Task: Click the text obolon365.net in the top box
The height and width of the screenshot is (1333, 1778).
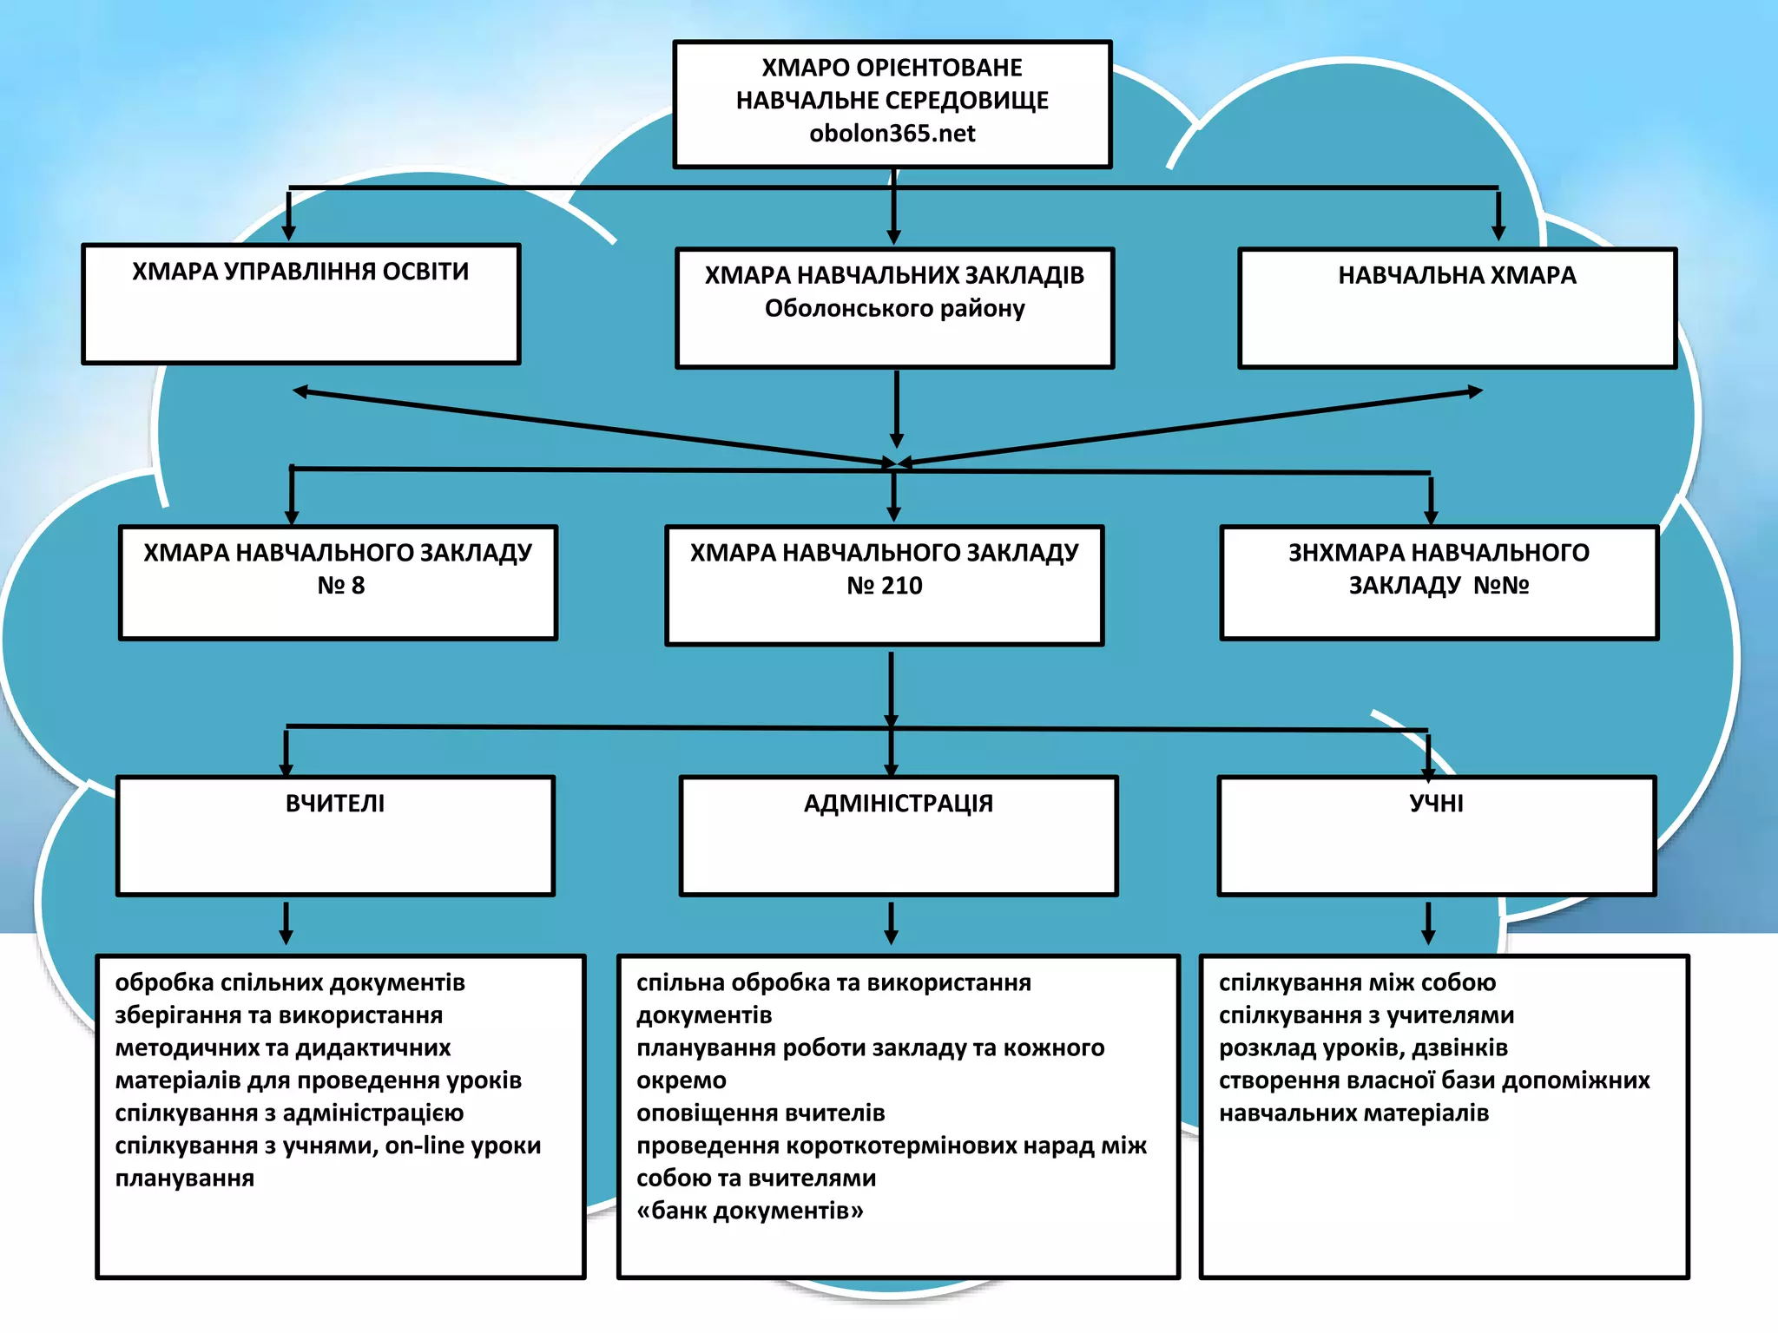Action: coord(892,134)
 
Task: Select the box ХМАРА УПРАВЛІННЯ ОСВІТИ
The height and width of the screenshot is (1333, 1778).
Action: coord(301,304)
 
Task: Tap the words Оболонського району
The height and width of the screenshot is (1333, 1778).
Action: coord(894,309)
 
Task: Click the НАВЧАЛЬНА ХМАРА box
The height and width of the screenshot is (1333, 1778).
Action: coord(1457,307)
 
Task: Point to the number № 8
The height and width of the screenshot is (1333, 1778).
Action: coord(340,586)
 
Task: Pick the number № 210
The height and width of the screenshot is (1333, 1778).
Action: coord(884,586)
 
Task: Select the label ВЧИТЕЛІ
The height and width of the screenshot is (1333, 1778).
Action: coord(335,804)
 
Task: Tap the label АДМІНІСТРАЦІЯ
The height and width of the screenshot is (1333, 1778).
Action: coord(898,804)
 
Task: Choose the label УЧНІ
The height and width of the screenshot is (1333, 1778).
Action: coord(1436,804)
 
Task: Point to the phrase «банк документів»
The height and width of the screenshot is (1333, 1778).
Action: coord(750,1211)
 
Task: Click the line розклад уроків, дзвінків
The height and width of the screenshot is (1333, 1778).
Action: coord(1363,1048)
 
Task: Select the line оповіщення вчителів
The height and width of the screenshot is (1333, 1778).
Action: coord(761,1113)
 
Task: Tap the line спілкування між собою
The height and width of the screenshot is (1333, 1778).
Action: coord(1357,983)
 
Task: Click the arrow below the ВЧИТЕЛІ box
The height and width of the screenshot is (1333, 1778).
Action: coord(286,923)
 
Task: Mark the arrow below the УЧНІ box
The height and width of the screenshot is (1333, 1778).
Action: coord(1428,923)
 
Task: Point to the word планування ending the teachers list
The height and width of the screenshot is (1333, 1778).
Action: coord(185,1179)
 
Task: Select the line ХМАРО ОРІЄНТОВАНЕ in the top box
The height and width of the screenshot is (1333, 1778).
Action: coord(892,68)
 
